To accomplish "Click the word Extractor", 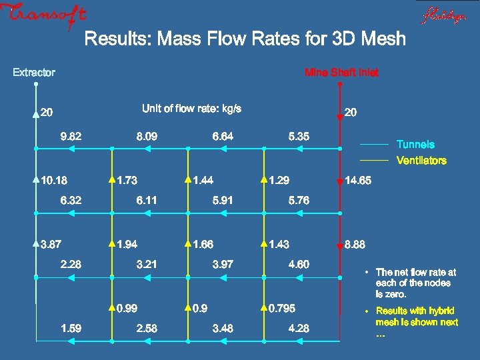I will point(34,72).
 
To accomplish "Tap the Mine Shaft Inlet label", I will point(341,72).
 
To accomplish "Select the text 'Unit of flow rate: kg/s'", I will point(191,109).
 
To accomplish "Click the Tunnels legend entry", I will point(415,145).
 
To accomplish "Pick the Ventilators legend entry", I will point(421,161).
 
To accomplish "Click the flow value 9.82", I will point(71,137).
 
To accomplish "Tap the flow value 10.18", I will point(53,181).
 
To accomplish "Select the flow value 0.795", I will point(281,309).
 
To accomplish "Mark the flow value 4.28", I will point(299,328).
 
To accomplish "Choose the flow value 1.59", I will point(71,328).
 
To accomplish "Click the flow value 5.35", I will point(299,137).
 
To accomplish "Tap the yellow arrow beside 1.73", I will point(111,179).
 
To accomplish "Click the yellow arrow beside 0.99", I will point(111,308).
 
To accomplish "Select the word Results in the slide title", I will point(117,39).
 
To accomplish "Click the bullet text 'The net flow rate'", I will point(415,272).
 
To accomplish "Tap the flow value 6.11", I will point(147,200).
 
